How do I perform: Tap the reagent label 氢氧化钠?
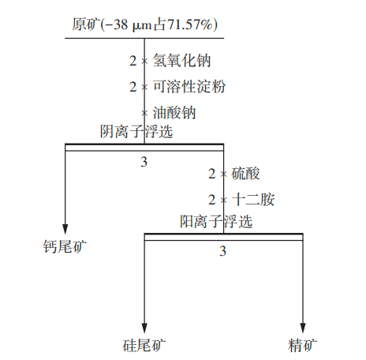pyautogui.click(x=181, y=61)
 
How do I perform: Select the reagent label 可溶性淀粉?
pyautogui.click(x=189, y=86)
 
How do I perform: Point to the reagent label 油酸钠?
pyautogui.click(x=174, y=112)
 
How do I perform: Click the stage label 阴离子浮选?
pyautogui.click(x=136, y=131)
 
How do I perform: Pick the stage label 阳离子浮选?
pyautogui.click(x=216, y=221)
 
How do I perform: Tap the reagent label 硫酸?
pyautogui.click(x=245, y=174)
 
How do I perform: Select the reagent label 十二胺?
pyautogui.click(x=253, y=199)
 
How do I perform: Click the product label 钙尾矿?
pyautogui.click(x=65, y=246)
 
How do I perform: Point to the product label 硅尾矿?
pyautogui.click(x=144, y=345)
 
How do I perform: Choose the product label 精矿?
pyautogui.click(x=302, y=345)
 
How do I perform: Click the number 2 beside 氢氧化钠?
pyautogui.click(x=133, y=61)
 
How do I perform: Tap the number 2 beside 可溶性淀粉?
pyautogui.click(x=133, y=87)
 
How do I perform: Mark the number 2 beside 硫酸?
pyautogui.click(x=212, y=174)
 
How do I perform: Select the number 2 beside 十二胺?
pyautogui.click(x=212, y=200)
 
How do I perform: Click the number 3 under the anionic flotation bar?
pyautogui.click(x=144, y=162)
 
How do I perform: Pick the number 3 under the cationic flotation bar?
pyautogui.click(x=222, y=251)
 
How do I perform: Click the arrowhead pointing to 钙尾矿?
pyautogui.click(x=65, y=229)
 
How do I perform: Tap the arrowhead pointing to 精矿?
pyautogui.click(x=303, y=328)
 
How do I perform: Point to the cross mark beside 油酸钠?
pyautogui.click(x=144, y=113)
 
